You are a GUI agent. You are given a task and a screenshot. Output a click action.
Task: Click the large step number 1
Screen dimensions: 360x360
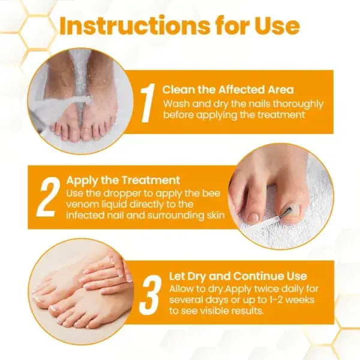pyautogui.click(x=148, y=103)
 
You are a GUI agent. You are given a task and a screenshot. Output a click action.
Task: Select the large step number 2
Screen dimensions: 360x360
pyautogui.click(x=49, y=197)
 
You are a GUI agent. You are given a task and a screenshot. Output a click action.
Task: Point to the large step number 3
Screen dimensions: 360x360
pyautogui.click(x=151, y=295)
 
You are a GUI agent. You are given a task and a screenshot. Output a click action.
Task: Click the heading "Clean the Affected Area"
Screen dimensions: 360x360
pyautogui.click(x=228, y=90)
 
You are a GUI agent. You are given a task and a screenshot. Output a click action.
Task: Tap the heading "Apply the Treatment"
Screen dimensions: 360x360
pyautogui.click(x=123, y=181)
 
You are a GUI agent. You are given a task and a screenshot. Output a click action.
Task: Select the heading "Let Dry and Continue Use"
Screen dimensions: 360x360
pyautogui.click(x=238, y=276)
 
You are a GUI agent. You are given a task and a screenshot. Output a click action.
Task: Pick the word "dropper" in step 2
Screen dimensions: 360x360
pyautogui.click(x=122, y=194)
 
